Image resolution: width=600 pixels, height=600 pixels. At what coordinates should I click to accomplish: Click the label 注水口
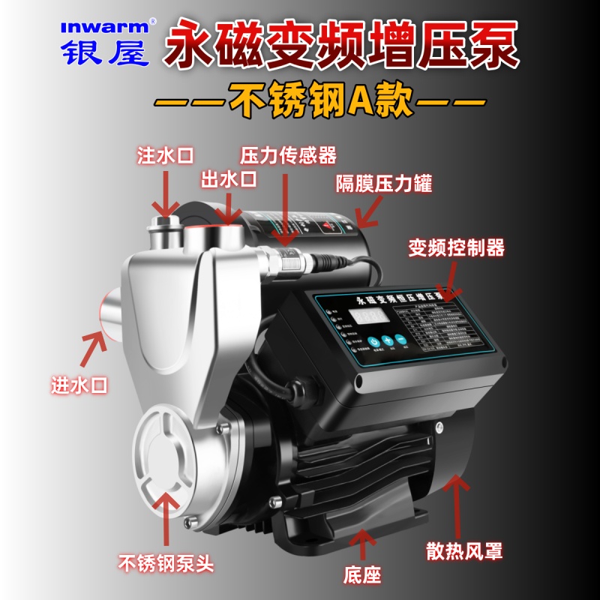(x=165, y=155)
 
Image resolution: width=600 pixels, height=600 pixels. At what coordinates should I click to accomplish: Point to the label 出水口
(x=229, y=179)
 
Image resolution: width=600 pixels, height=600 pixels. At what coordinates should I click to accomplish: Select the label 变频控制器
(x=456, y=247)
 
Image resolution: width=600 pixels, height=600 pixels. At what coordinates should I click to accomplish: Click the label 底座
(x=363, y=575)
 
